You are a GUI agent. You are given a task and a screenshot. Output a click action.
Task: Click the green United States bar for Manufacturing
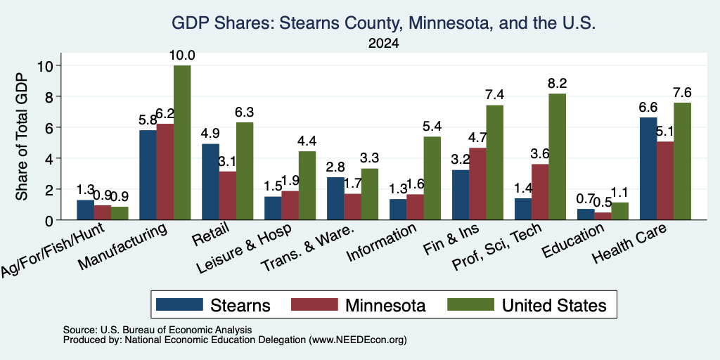pos(182,142)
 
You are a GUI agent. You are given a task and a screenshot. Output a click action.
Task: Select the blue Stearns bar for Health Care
pos(648,169)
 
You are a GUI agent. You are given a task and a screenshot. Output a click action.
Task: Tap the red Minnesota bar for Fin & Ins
pos(477,184)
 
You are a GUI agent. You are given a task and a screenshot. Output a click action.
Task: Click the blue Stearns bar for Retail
pos(210,182)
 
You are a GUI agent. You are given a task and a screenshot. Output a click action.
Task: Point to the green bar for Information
pos(432,178)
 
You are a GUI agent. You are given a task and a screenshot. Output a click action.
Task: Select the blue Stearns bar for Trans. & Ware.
pos(335,198)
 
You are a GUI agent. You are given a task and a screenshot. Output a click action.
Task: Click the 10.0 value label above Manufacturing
pos(182,56)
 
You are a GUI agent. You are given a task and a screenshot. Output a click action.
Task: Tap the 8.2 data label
pos(557,84)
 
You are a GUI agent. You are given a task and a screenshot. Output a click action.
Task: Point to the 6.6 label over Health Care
pos(648,108)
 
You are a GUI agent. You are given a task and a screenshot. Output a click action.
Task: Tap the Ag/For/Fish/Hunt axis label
pos(53,250)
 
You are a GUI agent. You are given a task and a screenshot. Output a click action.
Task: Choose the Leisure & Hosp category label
pos(243,250)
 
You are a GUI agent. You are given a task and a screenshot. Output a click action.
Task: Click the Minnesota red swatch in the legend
pos(314,304)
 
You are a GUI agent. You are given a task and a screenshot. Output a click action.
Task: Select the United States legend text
pos(554,305)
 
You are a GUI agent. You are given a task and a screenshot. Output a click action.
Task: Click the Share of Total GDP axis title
pos(22,136)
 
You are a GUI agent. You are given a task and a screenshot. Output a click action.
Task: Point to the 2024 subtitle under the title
pos(383,44)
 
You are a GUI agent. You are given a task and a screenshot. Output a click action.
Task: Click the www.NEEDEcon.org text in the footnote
pos(358,340)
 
